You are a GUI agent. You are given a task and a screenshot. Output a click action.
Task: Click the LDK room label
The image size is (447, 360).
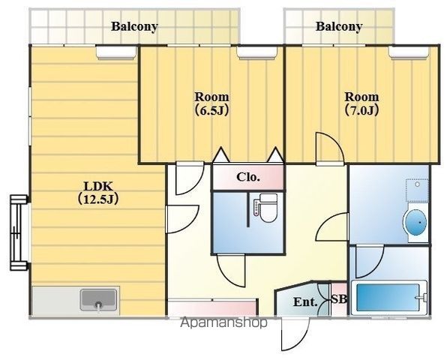pos(98,193)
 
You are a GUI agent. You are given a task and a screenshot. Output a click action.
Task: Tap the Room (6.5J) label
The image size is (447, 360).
pos(211,103)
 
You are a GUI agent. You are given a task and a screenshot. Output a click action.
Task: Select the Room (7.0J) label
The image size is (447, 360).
pos(361,103)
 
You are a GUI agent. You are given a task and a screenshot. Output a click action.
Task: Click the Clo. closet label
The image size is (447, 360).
pos(248,177)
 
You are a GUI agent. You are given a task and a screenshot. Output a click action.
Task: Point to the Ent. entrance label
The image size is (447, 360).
pos(305,301)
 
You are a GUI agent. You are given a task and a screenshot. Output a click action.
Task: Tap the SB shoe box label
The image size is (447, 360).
pos(339,299)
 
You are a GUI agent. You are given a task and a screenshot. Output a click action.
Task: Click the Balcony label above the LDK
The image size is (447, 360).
pos(134,26)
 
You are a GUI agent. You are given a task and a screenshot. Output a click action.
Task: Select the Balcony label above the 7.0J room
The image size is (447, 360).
pos(339,26)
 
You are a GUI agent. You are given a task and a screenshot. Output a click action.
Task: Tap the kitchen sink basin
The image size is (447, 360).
pos(99,300)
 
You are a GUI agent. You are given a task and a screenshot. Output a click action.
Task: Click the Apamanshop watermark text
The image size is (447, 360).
pos(223,322)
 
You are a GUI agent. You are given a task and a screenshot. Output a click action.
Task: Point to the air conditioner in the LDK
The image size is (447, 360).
pos(116,52)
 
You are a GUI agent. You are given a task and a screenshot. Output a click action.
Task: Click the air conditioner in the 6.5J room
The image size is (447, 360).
pos(257,52)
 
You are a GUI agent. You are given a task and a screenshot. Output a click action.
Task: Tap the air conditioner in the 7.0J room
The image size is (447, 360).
pos(409,52)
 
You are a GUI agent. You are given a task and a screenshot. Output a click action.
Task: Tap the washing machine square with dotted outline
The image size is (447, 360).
pos(417,190)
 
